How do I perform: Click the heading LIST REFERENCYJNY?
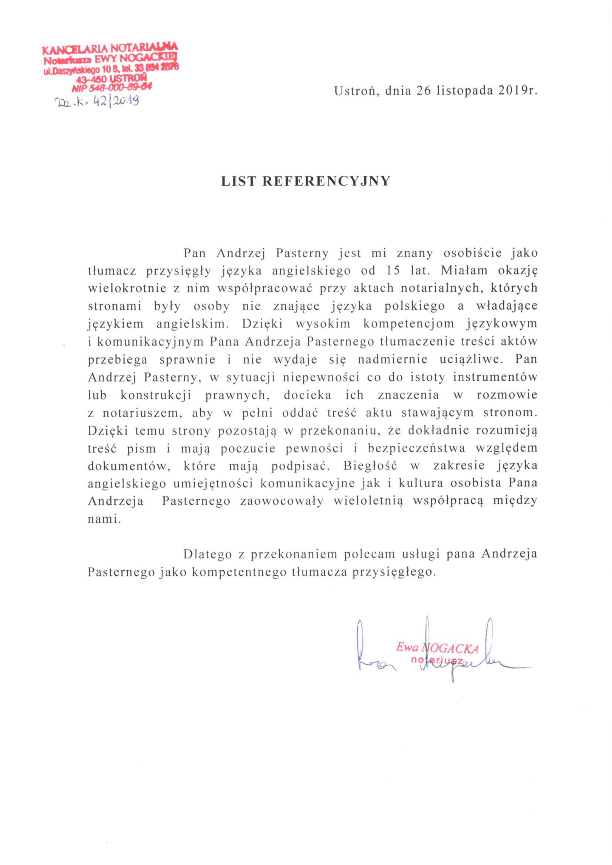[x=306, y=181]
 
